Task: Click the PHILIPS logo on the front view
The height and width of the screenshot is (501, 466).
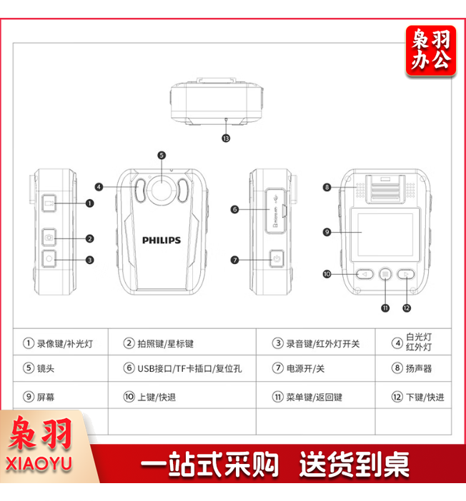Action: click(x=162, y=240)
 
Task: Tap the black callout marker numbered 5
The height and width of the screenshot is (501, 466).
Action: click(x=162, y=156)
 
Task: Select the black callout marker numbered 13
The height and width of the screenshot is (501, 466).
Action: click(x=226, y=138)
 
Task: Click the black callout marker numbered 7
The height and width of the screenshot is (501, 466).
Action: click(x=235, y=260)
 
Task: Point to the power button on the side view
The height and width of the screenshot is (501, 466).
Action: click(x=277, y=258)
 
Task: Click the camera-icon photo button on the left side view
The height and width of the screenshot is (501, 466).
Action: click(x=49, y=237)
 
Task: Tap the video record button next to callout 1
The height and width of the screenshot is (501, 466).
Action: click(x=49, y=203)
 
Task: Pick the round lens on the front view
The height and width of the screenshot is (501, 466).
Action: click(x=162, y=189)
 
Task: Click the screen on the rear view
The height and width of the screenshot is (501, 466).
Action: click(x=385, y=235)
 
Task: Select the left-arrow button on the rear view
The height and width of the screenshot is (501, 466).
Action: click(x=365, y=274)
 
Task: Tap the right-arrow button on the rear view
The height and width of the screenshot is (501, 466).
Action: click(x=406, y=274)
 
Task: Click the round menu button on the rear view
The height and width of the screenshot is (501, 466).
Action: click(x=385, y=274)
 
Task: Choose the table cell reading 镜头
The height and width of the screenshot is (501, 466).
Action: click(x=61, y=368)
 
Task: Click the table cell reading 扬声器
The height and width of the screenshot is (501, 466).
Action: click(x=413, y=368)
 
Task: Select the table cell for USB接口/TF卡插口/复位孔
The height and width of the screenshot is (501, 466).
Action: click(x=182, y=368)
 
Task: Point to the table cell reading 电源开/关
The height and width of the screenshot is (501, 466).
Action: click(x=316, y=368)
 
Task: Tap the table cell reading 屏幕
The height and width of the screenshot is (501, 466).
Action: click(x=61, y=395)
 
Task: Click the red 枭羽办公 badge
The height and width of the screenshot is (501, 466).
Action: click(x=431, y=51)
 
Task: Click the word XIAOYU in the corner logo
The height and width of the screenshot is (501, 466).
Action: click(x=39, y=464)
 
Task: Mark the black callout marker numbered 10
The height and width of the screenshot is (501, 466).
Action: click(x=327, y=274)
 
